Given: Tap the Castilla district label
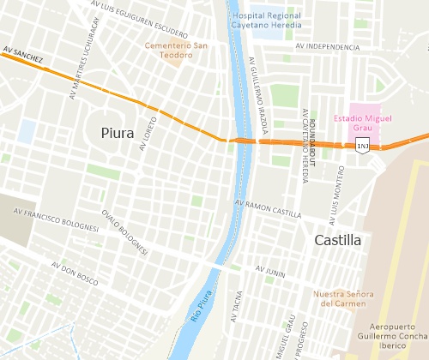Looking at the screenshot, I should click(337, 240).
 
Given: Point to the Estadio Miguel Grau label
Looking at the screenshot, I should click(362, 122).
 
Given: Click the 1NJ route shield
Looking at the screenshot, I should click(363, 147).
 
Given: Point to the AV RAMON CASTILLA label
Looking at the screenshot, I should click(268, 208).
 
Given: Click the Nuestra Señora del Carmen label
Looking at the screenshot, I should click(343, 297).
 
